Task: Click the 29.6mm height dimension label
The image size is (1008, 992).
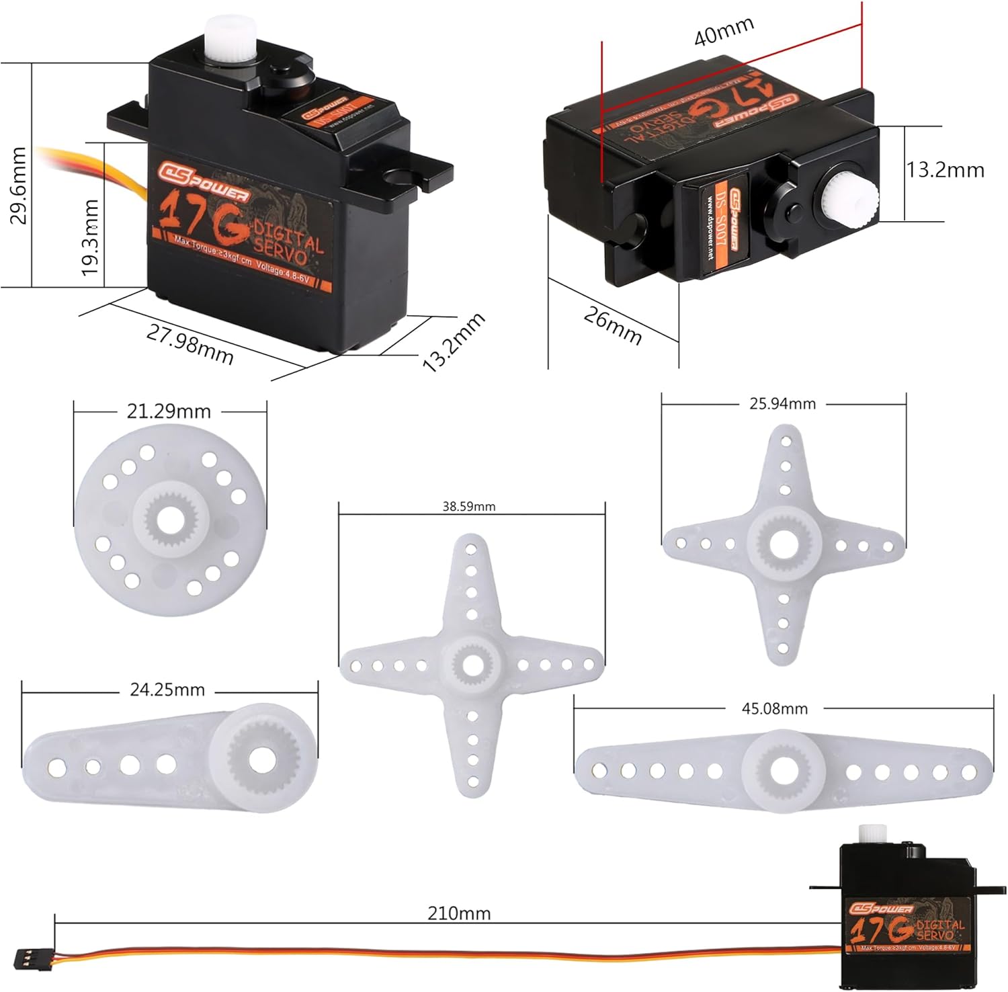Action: point(18,185)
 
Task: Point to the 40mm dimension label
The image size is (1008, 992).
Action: point(724,31)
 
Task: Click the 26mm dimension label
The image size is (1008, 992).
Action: point(612,325)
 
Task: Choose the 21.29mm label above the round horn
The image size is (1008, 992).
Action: point(169,411)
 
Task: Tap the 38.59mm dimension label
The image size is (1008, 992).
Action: point(468,507)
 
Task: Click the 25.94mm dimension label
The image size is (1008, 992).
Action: point(782,404)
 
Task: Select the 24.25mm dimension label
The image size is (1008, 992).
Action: point(167,690)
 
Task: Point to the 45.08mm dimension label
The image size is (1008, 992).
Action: point(774,708)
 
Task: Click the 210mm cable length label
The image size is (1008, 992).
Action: point(459,913)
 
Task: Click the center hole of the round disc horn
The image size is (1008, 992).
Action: point(171,518)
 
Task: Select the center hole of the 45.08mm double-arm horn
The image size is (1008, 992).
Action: point(783,771)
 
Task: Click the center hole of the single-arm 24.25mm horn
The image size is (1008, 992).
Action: point(262,759)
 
